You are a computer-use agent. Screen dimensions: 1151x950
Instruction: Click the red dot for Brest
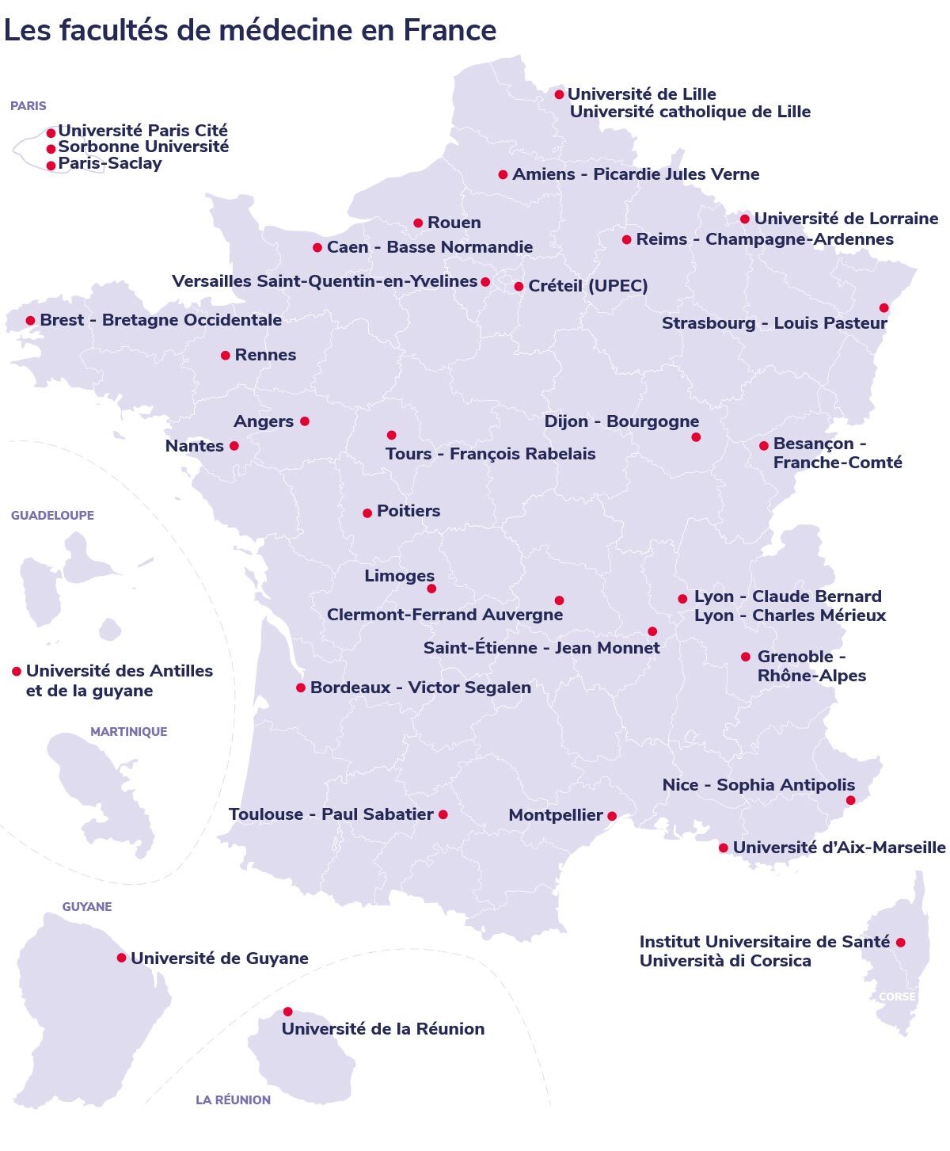click(30, 321)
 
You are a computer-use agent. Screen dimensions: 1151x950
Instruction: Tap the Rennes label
click(265, 355)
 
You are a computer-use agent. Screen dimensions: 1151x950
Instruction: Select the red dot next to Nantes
click(234, 446)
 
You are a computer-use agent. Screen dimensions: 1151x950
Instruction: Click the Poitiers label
click(408, 511)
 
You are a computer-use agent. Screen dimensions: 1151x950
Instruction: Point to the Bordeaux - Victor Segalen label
click(420, 688)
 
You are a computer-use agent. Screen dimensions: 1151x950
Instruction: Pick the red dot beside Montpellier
click(612, 816)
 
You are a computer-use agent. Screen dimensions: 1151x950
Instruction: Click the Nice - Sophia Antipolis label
click(758, 785)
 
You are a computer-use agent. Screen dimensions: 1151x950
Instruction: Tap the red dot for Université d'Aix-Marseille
click(724, 848)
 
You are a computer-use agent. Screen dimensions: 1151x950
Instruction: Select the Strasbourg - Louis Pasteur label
click(774, 323)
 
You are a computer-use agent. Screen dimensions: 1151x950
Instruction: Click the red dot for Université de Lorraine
click(745, 219)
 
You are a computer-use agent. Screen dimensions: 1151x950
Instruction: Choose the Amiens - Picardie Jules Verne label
click(636, 174)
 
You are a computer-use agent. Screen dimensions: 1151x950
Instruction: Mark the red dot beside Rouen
click(418, 223)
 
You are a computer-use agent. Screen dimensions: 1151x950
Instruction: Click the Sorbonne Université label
click(143, 147)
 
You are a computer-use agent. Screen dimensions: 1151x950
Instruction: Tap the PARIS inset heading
click(28, 106)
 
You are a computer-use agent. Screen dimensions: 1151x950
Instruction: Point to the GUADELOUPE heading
click(52, 516)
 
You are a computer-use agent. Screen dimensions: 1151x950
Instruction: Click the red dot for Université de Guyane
click(121, 958)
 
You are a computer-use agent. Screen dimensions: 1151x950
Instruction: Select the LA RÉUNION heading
click(233, 1100)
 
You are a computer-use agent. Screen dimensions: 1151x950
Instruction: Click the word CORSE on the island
click(897, 997)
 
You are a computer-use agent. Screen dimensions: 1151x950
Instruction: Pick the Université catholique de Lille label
click(690, 112)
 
